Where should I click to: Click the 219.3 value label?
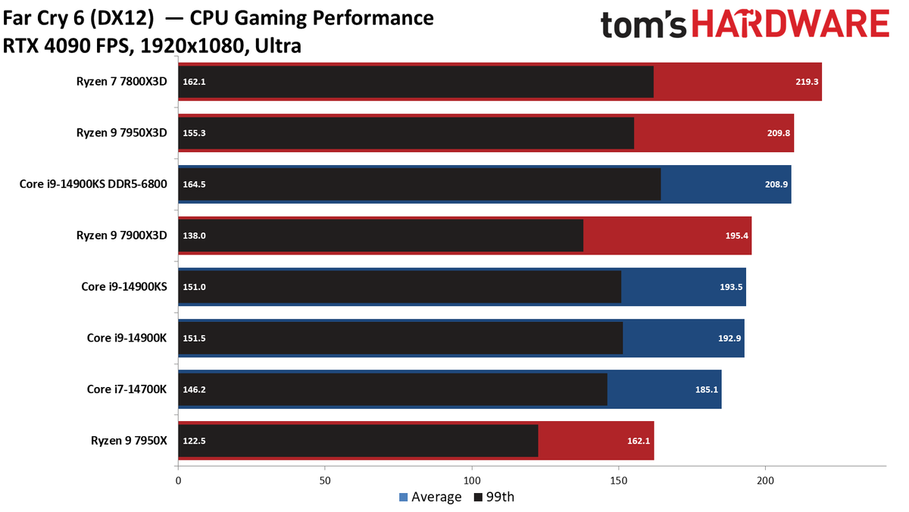pyautogui.click(x=807, y=82)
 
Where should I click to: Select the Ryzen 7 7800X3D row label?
pyautogui.click(x=122, y=82)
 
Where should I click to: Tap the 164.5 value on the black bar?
pyautogui.click(x=194, y=184)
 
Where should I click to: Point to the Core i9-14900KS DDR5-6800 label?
pyautogui.click(x=93, y=184)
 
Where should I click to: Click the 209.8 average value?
pyautogui.click(x=779, y=133)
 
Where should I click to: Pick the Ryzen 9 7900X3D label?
pyautogui.click(x=122, y=236)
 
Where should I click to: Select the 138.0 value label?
pyautogui.click(x=194, y=236)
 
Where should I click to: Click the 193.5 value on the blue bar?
pyautogui.click(x=731, y=287)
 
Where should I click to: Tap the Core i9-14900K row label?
pyautogui.click(x=127, y=338)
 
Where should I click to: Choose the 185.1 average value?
pyautogui.click(x=707, y=389)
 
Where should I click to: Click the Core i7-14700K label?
pyautogui.click(x=127, y=389)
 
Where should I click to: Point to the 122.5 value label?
pyautogui.click(x=194, y=441)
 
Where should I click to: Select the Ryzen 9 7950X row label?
pyautogui.click(x=129, y=441)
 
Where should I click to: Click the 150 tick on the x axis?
pyautogui.click(x=618, y=481)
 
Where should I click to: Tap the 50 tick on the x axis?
pyautogui.click(x=325, y=481)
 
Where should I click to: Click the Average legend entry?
pyautogui.click(x=430, y=497)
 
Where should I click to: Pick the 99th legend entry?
pyautogui.click(x=494, y=497)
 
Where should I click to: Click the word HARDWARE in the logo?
pyautogui.click(x=791, y=23)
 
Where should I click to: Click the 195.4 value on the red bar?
pyautogui.click(x=736, y=236)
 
